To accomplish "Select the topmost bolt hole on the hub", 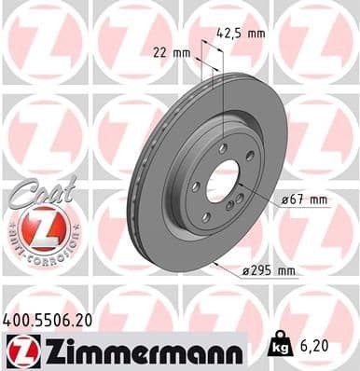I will [224, 148].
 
